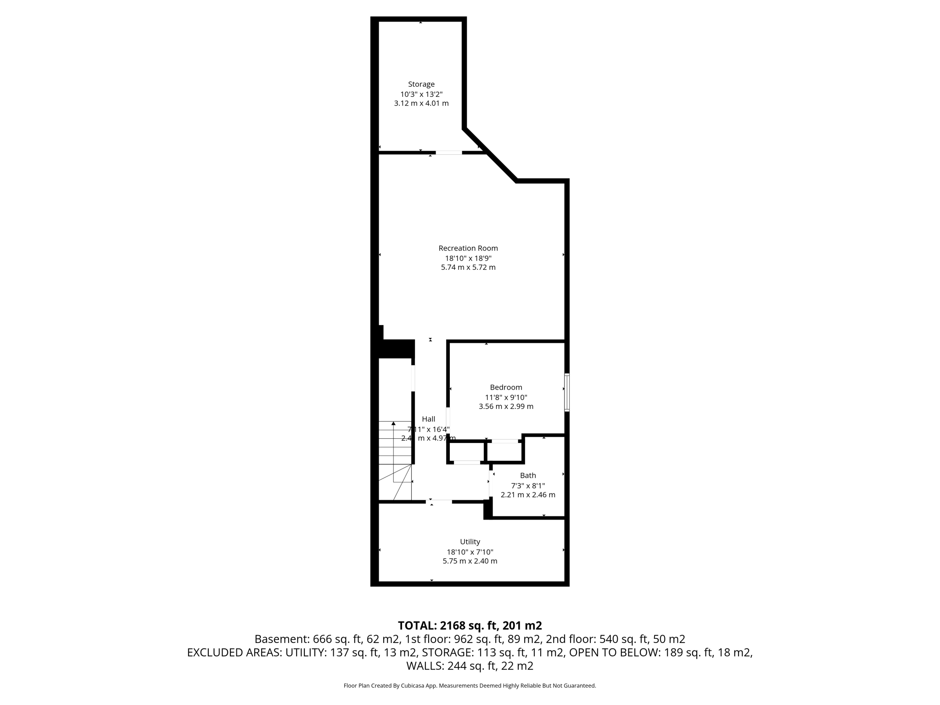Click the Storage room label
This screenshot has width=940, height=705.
[421, 84]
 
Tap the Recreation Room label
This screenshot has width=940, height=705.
[468, 248]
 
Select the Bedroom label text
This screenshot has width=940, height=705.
[506, 387]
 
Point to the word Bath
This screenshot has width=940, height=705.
[528, 476]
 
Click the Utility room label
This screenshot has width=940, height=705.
[470, 542]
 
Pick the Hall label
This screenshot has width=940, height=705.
[428, 419]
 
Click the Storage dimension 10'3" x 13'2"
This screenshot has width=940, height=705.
[421, 94]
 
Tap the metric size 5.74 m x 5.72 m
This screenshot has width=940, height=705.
[468, 267]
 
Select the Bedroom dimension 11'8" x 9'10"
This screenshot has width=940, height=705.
[506, 397]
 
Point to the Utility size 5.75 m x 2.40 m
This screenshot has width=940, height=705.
[470, 561]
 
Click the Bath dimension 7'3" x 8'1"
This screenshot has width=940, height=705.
[528, 485]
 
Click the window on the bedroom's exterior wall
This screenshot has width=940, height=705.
[567, 392]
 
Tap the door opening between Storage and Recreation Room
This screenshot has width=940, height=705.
[448, 152]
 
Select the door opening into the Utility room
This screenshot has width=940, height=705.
[439, 502]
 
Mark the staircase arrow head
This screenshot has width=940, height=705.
[393, 423]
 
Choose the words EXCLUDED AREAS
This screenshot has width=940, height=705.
[234, 652]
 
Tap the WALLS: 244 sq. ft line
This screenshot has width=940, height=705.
[470, 666]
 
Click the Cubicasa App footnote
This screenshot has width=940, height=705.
[470, 686]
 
